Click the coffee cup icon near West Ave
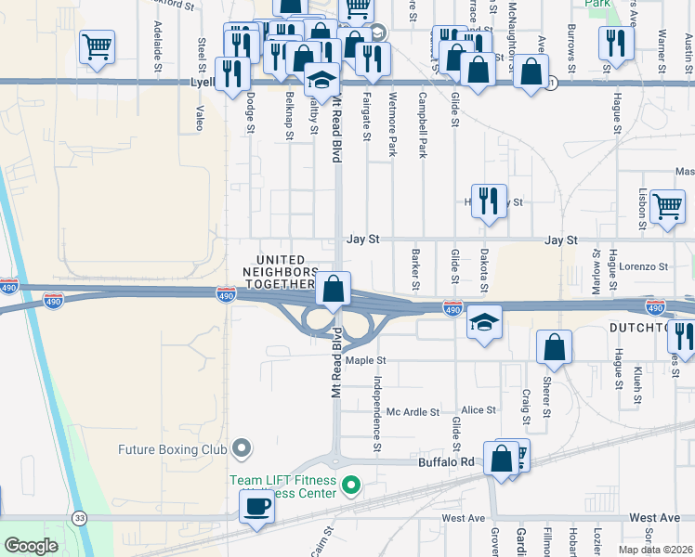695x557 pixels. tap(256, 507)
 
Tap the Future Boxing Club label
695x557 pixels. tap(173, 450)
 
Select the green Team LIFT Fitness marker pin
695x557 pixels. tap(350, 485)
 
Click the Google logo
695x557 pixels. tap(31, 546)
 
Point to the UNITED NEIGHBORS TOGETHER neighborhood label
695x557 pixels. tap(281, 272)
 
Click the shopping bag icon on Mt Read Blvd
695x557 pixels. tap(333, 289)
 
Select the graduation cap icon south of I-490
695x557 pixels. tap(484, 322)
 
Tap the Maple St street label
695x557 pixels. tap(365, 360)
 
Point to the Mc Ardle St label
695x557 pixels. tap(413, 411)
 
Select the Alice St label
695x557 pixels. tap(479, 409)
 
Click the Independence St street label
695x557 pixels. tap(377, 413)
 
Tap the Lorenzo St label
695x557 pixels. tap(645, 266)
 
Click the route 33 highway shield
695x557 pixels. tap(81, 517)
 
